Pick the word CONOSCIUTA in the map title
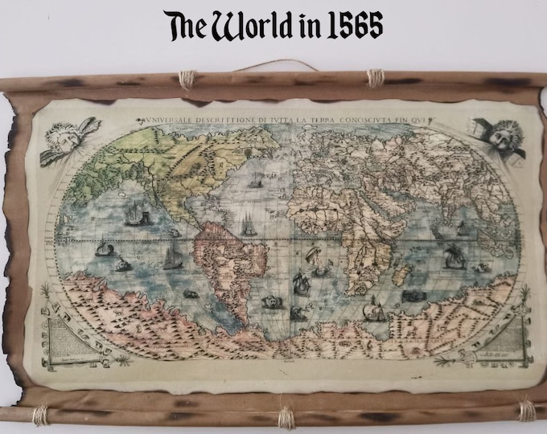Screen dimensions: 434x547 (372, 121)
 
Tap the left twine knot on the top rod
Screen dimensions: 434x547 (187, 80)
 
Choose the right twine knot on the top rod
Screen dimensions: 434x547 (374, 78)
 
